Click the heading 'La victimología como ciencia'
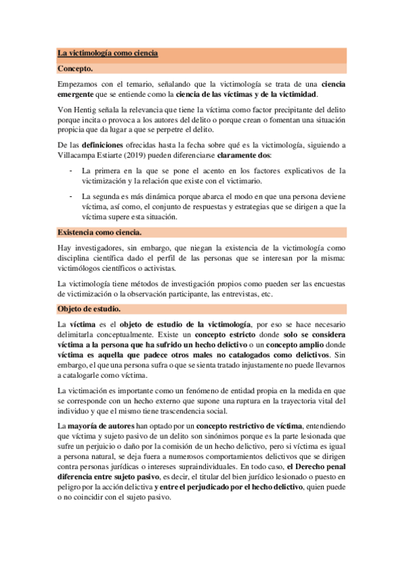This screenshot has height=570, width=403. tap(108, 54)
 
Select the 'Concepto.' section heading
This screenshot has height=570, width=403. tap(75, 69)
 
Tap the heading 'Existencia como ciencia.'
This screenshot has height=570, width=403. tap(100, 233)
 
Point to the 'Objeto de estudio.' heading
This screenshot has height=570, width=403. tap(89, 309)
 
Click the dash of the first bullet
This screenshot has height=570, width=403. tap(72, 171)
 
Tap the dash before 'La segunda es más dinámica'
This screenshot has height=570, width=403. tap(72, 196)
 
